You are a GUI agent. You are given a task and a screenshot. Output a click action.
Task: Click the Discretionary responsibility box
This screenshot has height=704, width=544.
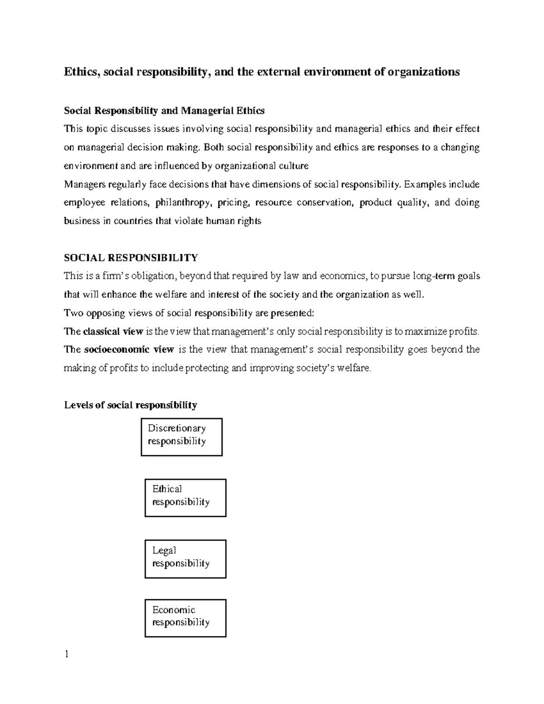pos(181,437)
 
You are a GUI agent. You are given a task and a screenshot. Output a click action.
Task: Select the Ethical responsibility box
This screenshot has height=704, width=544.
pos(185,498)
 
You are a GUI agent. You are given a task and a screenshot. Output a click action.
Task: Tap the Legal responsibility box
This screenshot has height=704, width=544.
pos(185,558)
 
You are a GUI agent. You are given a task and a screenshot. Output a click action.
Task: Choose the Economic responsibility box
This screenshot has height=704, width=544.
pos(185,618)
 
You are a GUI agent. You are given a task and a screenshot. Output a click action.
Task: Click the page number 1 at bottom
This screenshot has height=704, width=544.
pos(67,654)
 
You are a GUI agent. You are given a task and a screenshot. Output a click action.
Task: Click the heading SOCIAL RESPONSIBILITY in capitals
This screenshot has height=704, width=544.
pos(131,258)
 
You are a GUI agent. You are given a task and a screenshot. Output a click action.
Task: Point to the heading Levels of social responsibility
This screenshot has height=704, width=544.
pos(131,405)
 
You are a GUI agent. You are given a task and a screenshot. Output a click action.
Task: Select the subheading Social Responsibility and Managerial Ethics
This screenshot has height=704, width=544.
pos(164,111)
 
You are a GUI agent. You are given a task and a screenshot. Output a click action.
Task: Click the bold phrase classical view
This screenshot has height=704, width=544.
pos(113,331)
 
